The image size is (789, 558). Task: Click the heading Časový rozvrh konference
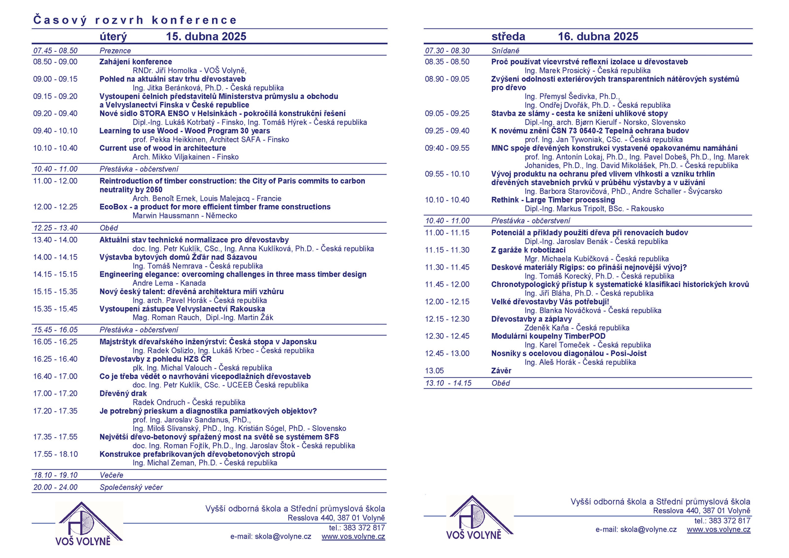135,20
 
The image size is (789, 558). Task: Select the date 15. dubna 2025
206,36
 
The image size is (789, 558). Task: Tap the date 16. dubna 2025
598,36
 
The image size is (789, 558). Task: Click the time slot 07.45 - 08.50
55,51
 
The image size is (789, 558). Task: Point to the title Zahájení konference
136,62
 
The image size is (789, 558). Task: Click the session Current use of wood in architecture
163,148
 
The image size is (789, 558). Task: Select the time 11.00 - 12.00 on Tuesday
55,181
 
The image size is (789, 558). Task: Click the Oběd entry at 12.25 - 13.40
109,228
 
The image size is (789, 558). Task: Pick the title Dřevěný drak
123,393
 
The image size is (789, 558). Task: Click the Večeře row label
111,475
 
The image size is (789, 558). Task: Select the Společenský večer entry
131,488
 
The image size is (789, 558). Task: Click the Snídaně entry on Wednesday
505,51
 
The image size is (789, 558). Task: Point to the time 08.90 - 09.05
447,79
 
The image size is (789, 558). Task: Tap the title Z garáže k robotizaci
528,250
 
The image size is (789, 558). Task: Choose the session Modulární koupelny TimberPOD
548,336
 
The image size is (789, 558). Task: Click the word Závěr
501,371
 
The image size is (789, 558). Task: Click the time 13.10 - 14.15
448,383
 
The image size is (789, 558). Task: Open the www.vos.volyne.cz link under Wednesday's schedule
718,529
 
